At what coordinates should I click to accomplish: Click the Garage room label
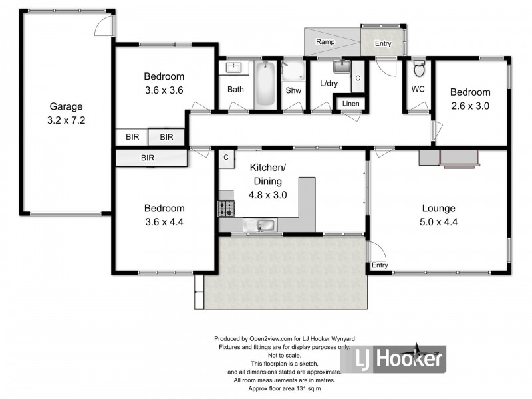tap(66, 106)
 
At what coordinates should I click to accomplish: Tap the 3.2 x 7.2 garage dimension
tap(66, 121)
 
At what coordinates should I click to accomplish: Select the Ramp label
tap(325, 42)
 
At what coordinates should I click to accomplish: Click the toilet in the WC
tap(418, 69)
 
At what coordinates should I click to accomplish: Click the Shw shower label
tap(293, 90)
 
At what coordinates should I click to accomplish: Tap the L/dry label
tap(329, 84)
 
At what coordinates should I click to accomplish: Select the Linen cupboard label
tap(350, 104)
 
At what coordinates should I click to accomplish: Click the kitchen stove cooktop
tap(226, 208)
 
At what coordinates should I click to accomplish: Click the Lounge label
tap(440, 188)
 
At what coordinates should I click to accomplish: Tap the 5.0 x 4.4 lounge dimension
tap(440, 203)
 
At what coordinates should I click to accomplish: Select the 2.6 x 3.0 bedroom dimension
tap(469, 105)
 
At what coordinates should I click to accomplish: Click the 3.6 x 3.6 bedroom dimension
tap(164, 90)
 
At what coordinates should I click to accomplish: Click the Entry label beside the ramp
tap(383, 44)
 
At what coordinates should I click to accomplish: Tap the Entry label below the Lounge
tap(380, 265)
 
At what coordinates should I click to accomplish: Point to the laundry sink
tap(341, 65)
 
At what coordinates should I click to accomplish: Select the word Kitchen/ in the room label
tap(267, 167)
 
